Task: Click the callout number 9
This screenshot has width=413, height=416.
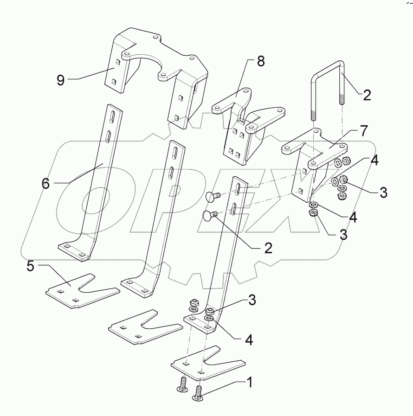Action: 60,80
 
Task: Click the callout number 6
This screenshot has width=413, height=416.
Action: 45,183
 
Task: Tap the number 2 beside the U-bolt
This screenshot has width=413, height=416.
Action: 367,96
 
